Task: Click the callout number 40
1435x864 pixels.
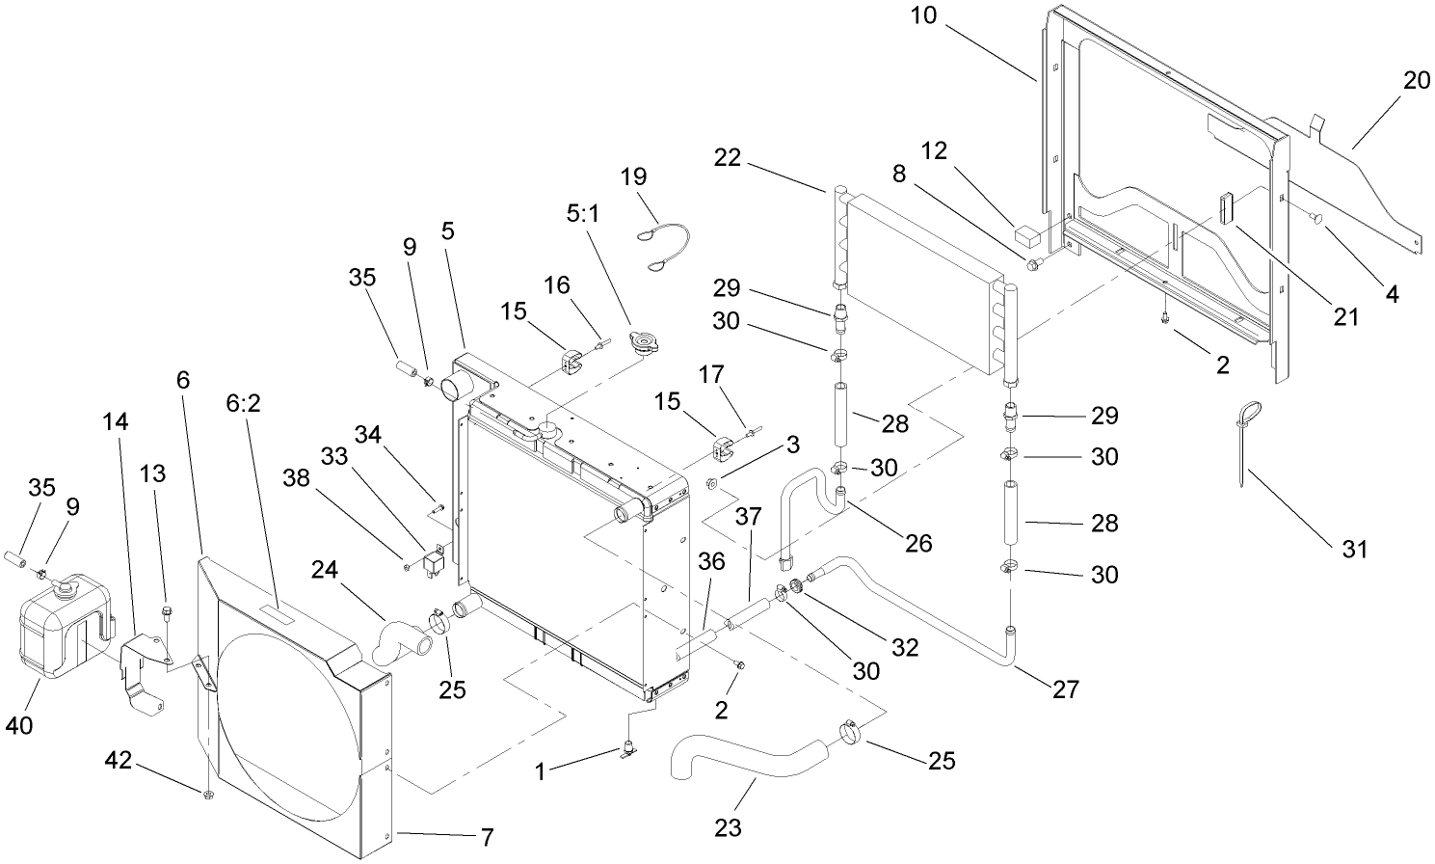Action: (x=19, y=723)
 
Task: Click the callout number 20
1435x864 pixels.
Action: (x=1416, y=80)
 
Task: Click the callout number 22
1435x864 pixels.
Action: (x=728, y=157)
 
